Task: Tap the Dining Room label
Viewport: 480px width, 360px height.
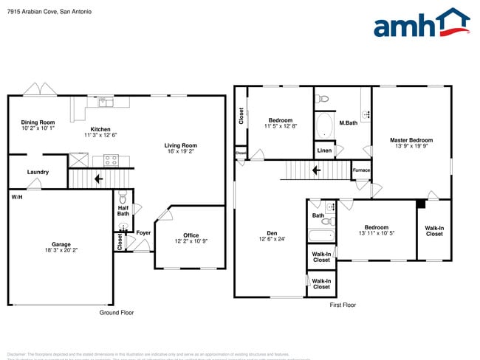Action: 38,122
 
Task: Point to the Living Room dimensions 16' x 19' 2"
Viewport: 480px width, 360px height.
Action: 180,151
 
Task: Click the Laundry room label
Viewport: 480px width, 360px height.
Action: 38,172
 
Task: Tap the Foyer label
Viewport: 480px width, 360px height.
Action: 143,232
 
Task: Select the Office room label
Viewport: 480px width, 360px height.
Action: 191,235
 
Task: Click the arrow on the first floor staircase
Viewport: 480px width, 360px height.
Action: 315,171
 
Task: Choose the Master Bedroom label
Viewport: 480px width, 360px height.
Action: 411,140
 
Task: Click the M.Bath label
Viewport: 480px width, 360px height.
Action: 348,122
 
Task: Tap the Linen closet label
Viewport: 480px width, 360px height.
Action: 324,150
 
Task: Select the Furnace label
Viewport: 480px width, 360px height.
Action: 361,170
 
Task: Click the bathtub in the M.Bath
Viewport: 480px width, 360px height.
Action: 324,125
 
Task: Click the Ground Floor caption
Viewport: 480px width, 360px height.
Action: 117,313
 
